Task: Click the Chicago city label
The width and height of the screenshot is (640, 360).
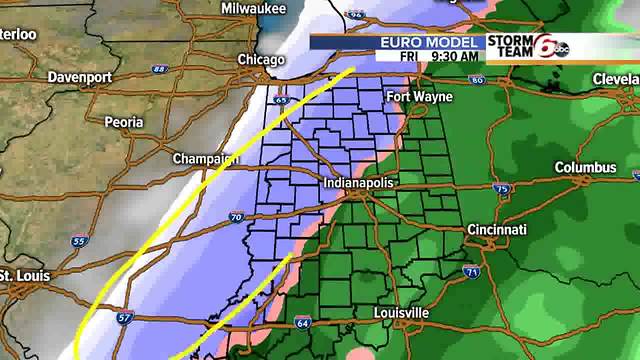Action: (x=261, y=60)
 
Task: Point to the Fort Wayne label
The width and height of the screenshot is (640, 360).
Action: (x=420, y=97)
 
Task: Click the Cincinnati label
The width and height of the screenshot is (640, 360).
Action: (x=496, y=230)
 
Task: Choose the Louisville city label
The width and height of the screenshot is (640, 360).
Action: (x=400, y=313)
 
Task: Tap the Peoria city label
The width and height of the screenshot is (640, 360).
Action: (x=124, y=122)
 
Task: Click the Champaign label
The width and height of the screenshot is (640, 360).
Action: (x=205, y=159)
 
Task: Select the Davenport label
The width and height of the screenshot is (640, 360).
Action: (x=77, y=77)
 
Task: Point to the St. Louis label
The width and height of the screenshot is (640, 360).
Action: (x=18, y=275)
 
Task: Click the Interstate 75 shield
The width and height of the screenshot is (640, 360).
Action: (x=501, y=189)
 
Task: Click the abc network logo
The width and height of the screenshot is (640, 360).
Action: (x=562, y=49)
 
